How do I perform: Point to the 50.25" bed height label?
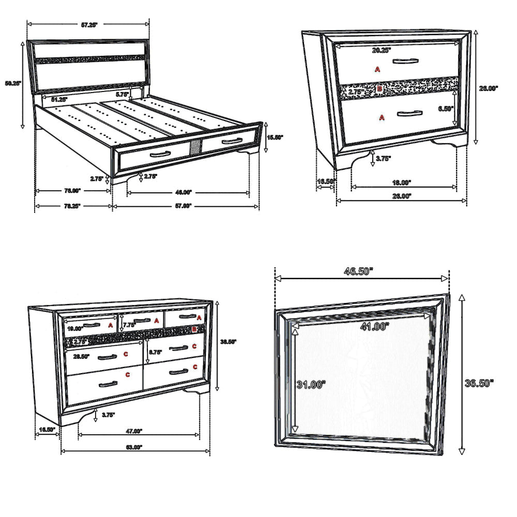[x=12, y=83]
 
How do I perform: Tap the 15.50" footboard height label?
[x=276, y=138]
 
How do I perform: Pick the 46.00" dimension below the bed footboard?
[x=184, y=192]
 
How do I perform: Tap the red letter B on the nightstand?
[x=379, y=89]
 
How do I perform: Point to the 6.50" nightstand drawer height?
[x=444, y=109]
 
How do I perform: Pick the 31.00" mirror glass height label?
[x=311, y=384]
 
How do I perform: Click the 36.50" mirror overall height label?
[x=479, y=383]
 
